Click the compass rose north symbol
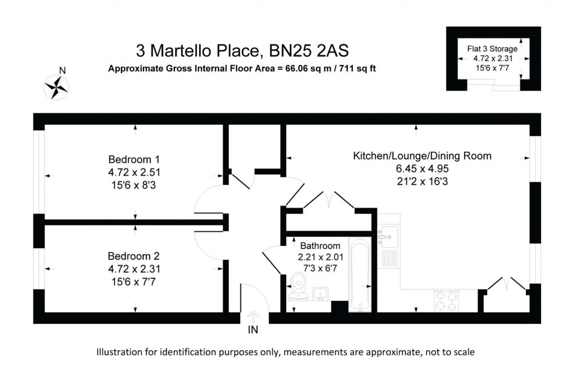[56, 87]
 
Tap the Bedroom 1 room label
[130, 158]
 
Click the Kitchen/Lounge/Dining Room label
[422, 155]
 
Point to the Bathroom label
[320, 245]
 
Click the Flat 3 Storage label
[492, 49]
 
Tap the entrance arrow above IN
[253, 316]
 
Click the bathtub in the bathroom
[358, 274]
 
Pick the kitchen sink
[388, 236]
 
